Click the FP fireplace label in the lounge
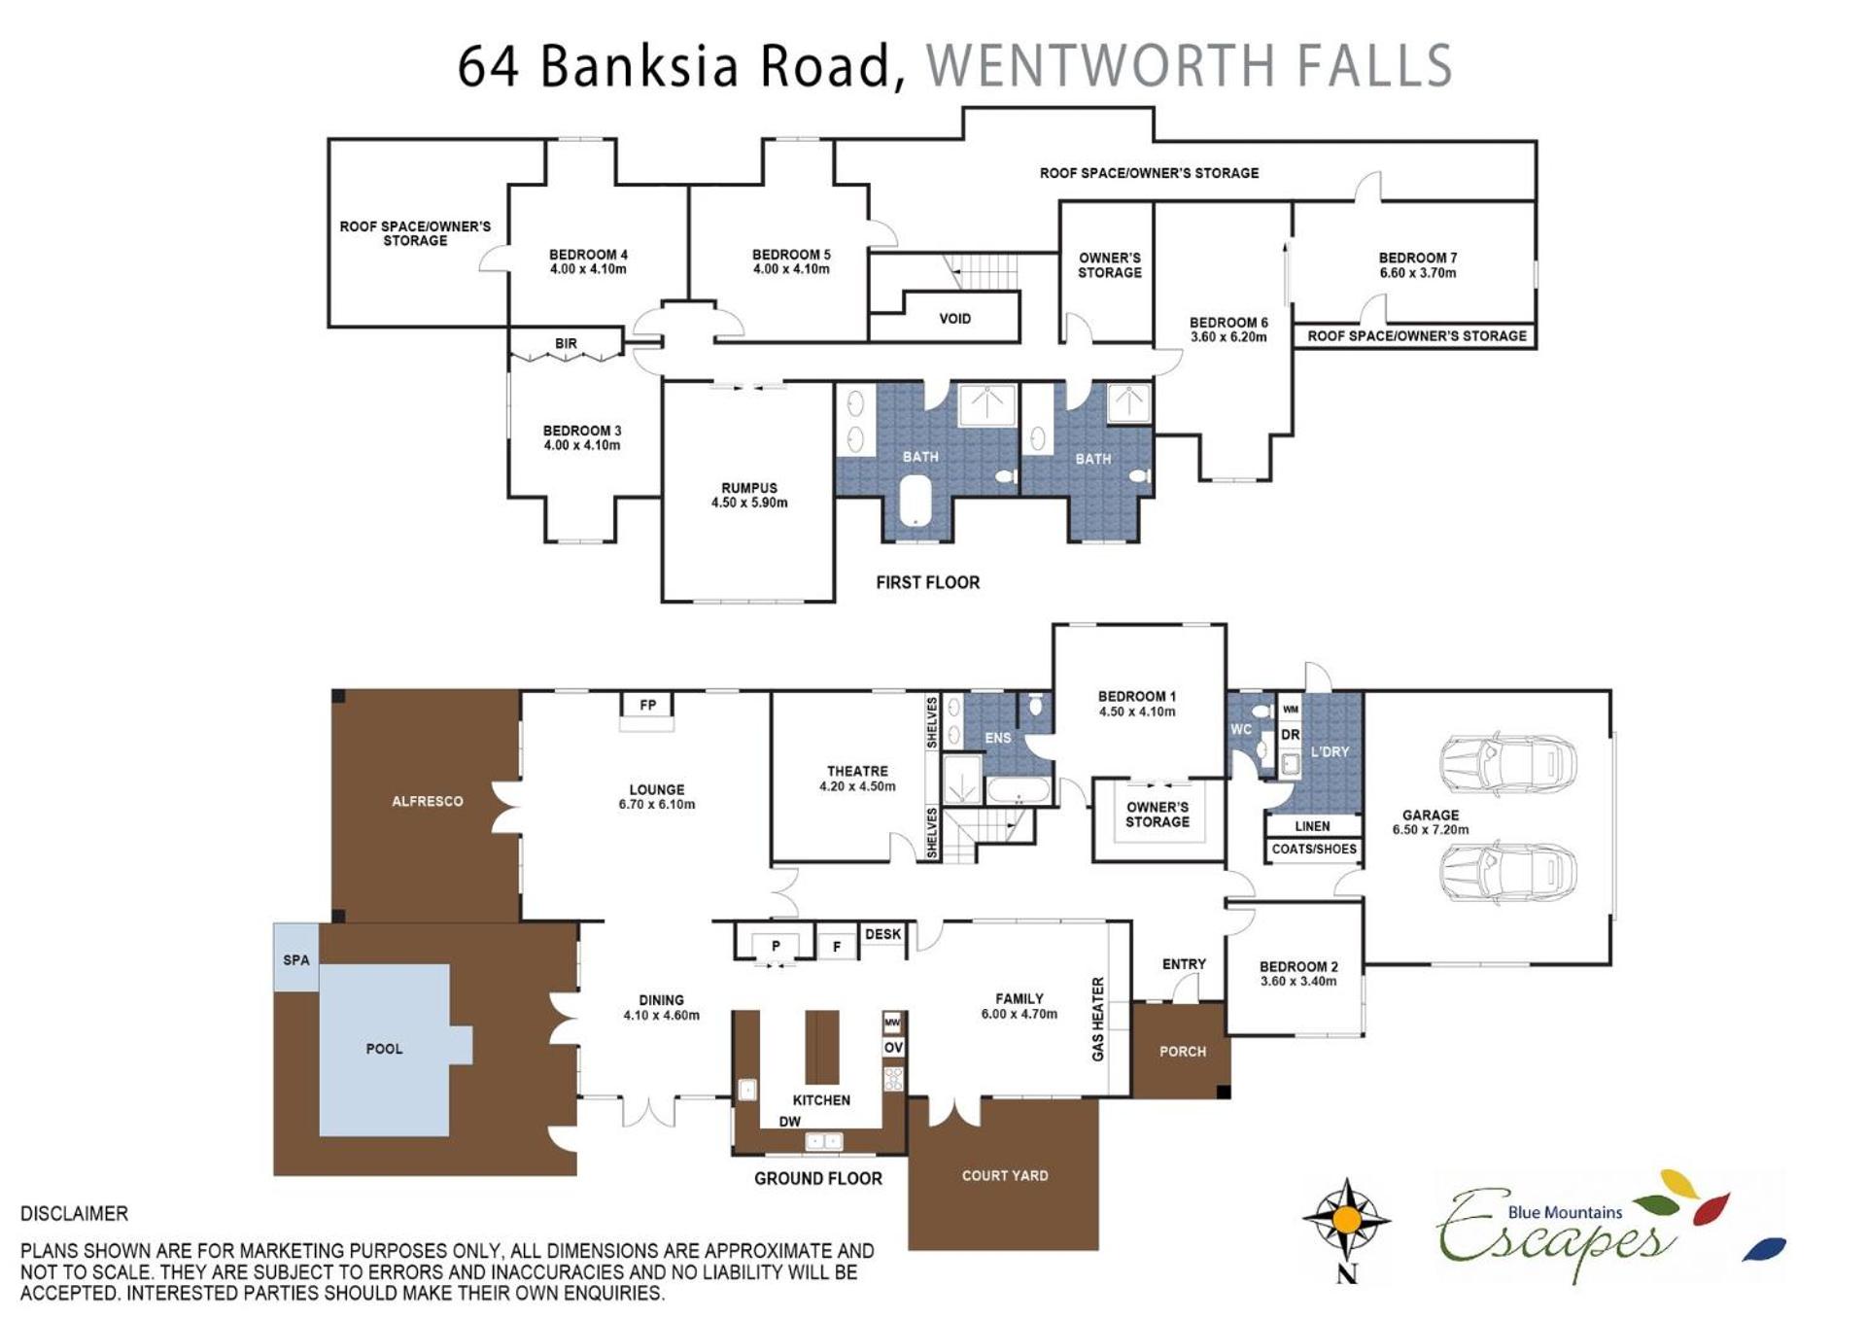647,705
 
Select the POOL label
384,1049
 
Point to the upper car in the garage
1507,763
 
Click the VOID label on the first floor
954,319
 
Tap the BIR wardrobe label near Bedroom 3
566,344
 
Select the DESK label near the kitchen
882,934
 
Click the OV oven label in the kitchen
893,1047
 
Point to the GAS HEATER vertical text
1098,1019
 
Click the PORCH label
1183,1052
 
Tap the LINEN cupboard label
1312,826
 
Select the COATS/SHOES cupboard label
1314,849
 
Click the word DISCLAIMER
74,1213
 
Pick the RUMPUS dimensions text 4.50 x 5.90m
749,503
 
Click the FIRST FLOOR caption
927,582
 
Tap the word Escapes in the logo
1556,1233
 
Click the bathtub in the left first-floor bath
916,500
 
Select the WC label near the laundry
1241,729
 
